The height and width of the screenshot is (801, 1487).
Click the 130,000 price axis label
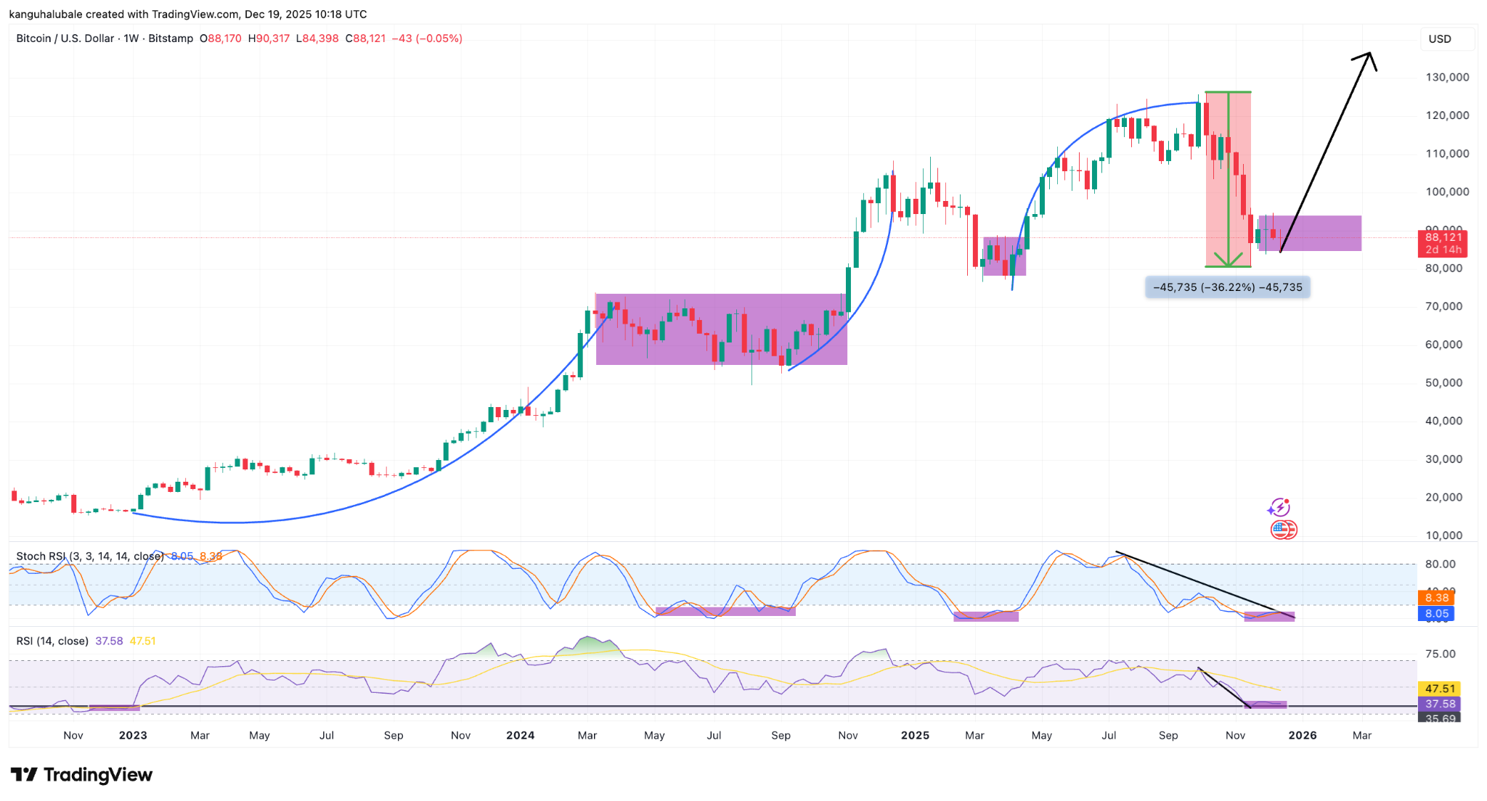coord(1446,77)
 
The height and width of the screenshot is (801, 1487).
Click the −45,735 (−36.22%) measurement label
coord(1227,287)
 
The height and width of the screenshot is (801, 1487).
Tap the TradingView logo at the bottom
coord(81,775)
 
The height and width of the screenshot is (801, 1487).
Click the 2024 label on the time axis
coord(520,735)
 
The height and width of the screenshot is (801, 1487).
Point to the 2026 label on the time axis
coord(1302,735)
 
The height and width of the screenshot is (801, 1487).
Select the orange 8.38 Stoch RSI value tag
coord(1436,598)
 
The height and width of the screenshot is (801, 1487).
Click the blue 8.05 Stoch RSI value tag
coord(1436,614)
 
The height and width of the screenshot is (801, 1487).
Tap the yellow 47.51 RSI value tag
coord(1439,689)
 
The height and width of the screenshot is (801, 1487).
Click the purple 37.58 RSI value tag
coord(1439,704)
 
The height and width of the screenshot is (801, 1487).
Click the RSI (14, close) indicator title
coord(52,641)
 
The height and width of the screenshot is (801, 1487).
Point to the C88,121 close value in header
coord(365,38)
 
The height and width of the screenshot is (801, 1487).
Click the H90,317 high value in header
coord(269,38)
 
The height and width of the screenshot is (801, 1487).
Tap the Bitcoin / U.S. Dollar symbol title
coord(65,38)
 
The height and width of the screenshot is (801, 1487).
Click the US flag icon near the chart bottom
coord(1283,530)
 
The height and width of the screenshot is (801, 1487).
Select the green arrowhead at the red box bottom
coord(1228,260)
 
